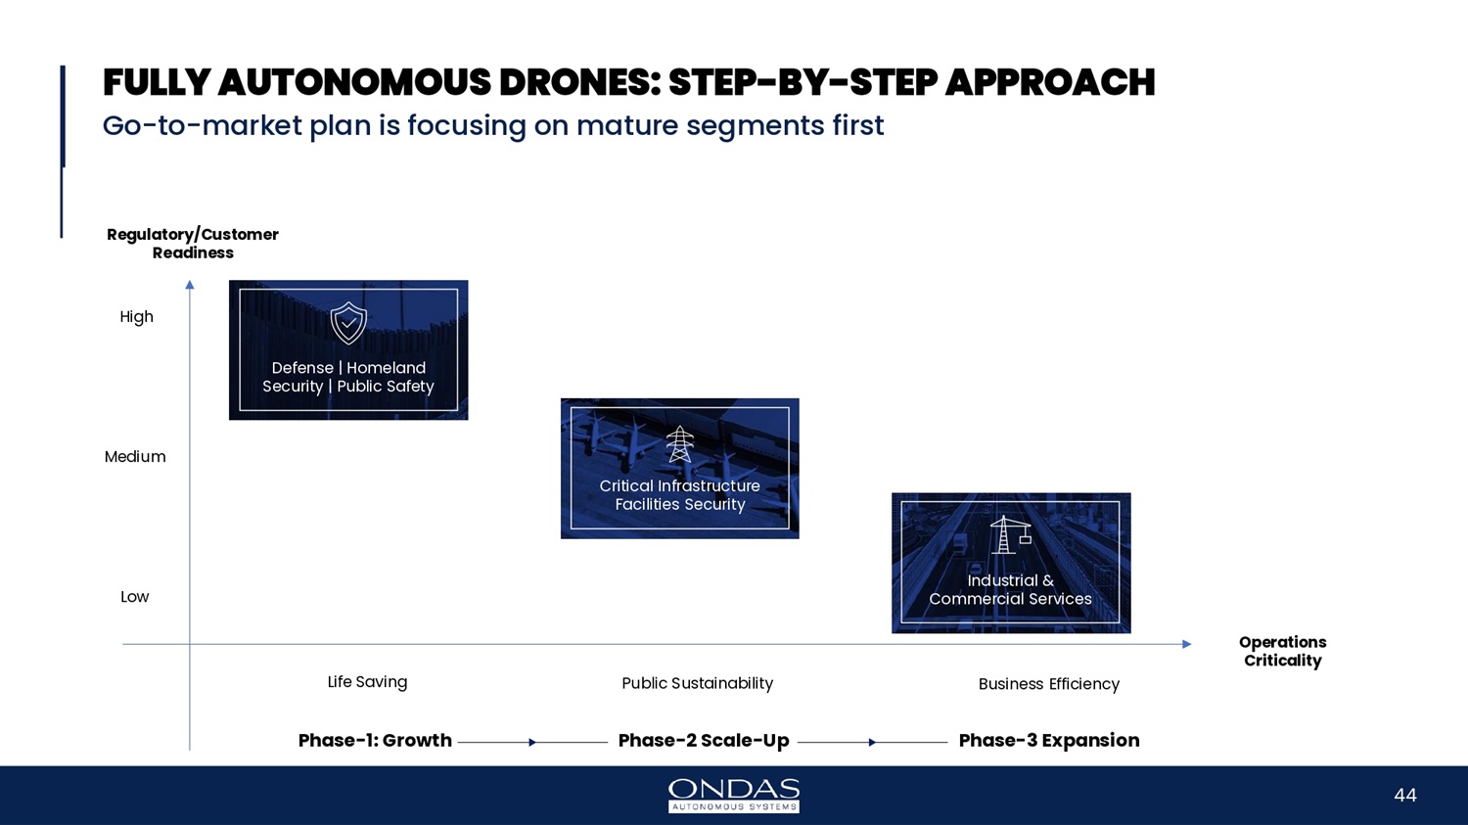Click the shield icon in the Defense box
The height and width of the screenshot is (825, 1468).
click(348, 323)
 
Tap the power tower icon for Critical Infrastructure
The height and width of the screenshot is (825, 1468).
click(679, 444)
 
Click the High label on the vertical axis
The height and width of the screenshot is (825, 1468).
click(136, 317)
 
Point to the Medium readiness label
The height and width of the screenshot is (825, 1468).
click(135, 457)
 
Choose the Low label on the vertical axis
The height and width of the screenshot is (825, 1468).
click(134, 597)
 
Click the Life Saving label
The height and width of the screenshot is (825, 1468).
click(367, 682)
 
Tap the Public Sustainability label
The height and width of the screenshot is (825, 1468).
click(697, 683)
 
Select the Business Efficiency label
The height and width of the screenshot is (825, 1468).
click(1048, 684)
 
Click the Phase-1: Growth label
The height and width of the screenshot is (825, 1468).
click(375, 741)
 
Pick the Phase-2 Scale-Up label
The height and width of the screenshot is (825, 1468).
click(704, 741)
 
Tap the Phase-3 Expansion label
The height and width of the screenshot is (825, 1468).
click(1048, 741)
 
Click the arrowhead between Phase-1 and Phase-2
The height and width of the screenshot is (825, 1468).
click(532, 743)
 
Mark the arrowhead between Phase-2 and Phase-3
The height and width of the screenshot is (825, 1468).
click(872, 743)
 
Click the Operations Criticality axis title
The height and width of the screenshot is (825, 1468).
click(1282, 652)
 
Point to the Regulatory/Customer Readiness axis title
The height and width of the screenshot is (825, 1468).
click(193, 244)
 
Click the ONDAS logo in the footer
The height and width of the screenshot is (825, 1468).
click(733, 796)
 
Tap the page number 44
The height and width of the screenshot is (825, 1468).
click(1405, 796)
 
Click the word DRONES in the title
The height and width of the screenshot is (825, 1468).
click(580, 82)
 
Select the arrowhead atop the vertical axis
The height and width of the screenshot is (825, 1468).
click(190, 285)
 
